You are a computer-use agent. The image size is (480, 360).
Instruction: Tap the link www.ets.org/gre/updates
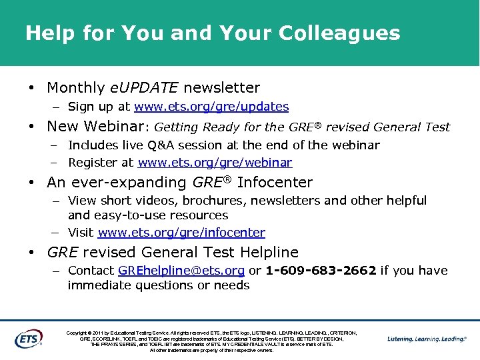[211, 107]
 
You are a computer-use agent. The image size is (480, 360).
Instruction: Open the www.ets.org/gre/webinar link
[215, 163]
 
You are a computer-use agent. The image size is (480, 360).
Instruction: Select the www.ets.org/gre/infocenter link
[181, 233]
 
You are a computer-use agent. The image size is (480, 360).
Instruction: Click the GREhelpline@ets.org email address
[181, 271]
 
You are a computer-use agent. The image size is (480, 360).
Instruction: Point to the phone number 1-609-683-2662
[321, 271]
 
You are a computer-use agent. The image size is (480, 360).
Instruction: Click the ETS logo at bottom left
[28, 338]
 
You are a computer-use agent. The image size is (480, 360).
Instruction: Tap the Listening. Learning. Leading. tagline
[426, 339]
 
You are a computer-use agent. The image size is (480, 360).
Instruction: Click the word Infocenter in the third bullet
[275, 183]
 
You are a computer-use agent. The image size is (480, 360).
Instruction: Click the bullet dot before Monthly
[31, 88]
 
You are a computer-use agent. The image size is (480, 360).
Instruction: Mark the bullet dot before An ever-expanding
[31, 183]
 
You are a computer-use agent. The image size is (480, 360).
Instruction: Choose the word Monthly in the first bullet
[76, 88]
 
